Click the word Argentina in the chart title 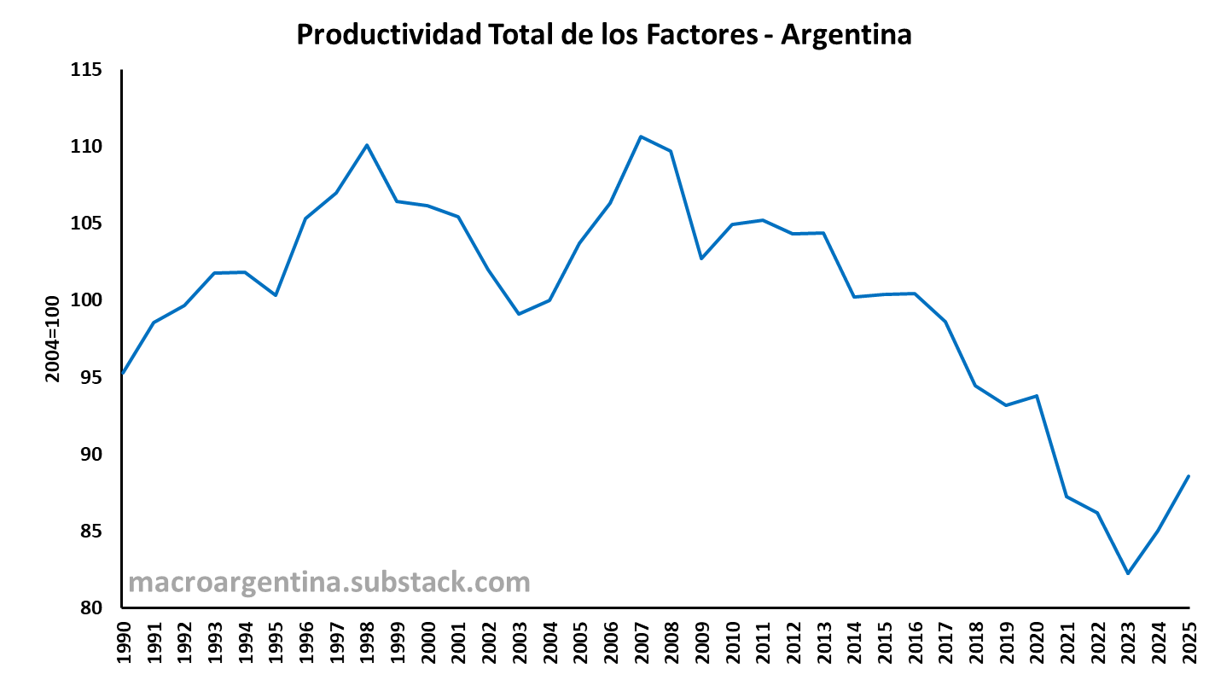846,35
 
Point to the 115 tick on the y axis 86,70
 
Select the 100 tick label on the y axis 86,300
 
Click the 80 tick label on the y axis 91,607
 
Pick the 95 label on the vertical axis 91,377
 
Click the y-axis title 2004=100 52,339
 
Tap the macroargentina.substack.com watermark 329,583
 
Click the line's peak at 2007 641,137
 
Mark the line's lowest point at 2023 1128,573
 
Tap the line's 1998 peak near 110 367,145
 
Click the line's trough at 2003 519,314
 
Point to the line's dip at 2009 701,259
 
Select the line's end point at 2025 1189,476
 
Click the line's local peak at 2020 1037,396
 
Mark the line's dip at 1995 276,295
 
